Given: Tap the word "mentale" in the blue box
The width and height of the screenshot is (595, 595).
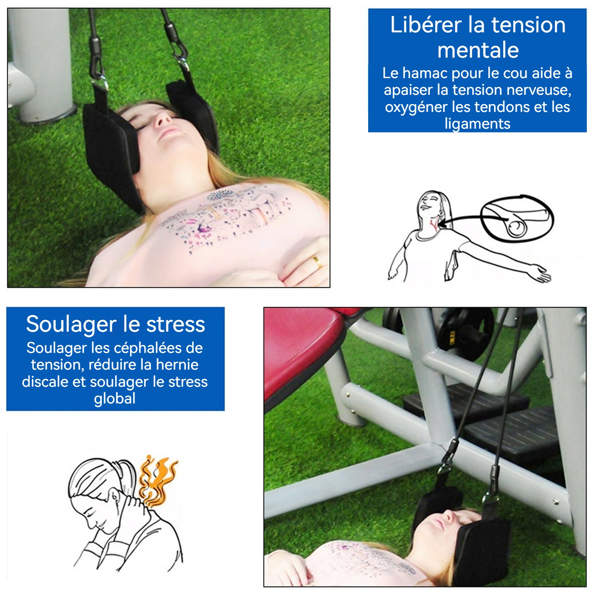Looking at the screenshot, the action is pos(478,50).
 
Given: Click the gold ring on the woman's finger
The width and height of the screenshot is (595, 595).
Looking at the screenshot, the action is pos(317,261).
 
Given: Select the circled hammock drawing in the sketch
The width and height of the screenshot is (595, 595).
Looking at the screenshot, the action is pos(517,218).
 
